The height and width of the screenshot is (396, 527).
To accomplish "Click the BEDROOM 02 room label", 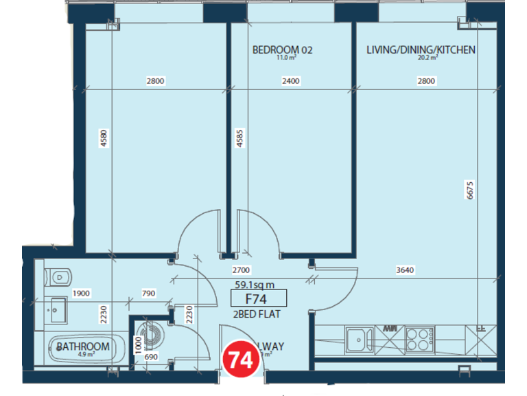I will pos(283,49).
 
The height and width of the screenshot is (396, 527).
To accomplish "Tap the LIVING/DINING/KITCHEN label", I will pos(421,49).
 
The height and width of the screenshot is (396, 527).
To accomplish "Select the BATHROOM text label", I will pos(83,347).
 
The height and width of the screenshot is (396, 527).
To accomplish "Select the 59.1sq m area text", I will pos(255,284).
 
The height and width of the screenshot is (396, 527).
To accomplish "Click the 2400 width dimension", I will pos(291,81).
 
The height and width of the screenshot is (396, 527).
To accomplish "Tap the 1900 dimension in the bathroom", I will pos(81,293).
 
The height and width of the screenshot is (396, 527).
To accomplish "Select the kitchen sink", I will pos(357,338).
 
